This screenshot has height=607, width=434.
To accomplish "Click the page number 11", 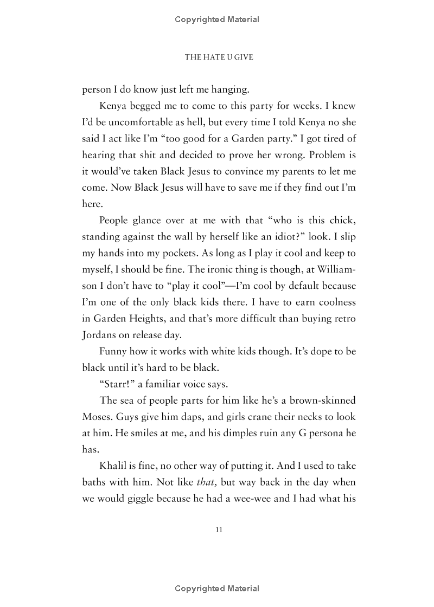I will (219, 529).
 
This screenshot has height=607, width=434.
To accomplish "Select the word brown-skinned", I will (318, 401).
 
